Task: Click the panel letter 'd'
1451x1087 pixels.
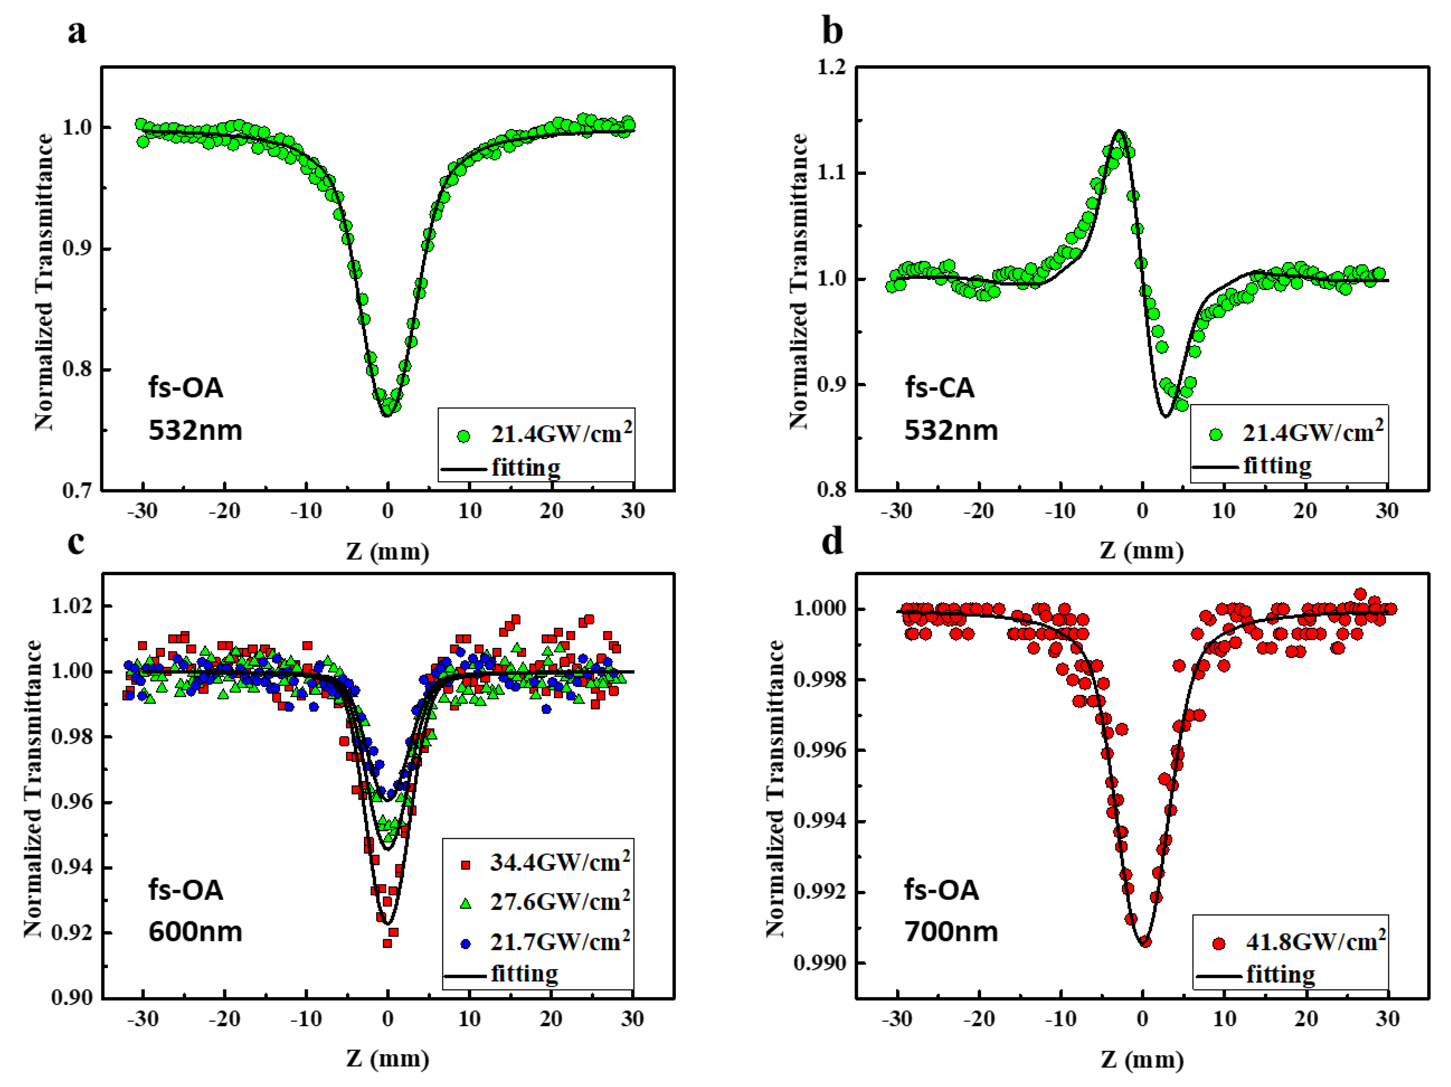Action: tap(832, 542)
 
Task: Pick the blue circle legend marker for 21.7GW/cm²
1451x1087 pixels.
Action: tap(465, 943)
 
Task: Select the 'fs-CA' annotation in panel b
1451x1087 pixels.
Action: tap(939, 388)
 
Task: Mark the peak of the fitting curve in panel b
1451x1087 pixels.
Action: tap(1119, 131)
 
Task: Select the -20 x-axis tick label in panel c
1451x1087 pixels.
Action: tap(225, 1019)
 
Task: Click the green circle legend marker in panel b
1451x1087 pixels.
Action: tap(1215, 434)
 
